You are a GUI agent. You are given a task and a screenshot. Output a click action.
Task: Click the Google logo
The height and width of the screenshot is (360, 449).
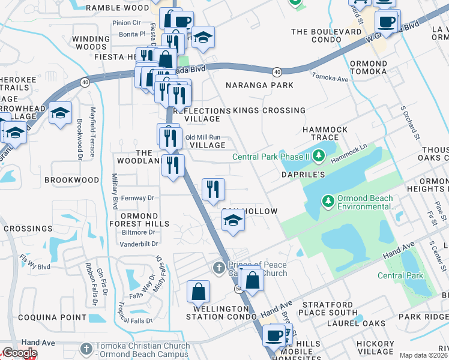pyautogui.click(x=19, y=353)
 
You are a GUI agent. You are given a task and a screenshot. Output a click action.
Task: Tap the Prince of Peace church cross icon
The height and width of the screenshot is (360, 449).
pyautogui.click(x=219, y=266)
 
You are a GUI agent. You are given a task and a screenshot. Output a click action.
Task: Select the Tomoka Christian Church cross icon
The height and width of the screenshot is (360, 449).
pyautogui.click(x=87, y=347)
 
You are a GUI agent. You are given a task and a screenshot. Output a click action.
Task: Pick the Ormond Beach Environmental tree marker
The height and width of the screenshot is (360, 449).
pyautogui.click(x=328, y=200)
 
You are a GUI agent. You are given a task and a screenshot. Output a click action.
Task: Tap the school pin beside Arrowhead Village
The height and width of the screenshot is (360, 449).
pyautogui.click(x=60, y=113)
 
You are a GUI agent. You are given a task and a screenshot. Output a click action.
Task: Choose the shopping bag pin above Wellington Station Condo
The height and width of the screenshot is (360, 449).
pyautogui.click(x=198, y=292)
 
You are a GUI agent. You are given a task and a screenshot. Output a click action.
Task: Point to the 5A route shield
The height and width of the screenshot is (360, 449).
pyautogui.click(x=238, y=289)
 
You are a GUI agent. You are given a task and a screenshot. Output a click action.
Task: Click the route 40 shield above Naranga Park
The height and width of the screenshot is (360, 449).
pyautogui.click(x=276, y=72)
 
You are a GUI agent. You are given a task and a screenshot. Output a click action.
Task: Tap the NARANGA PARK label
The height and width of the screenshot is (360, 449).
pyautogui.click(x=259, y=85)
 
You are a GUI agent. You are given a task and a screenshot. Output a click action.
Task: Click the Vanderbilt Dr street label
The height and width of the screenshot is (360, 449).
pyautogui.click(x=139, y=244)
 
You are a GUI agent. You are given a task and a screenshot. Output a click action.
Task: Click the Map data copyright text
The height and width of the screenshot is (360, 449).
pyautogui.click(x=423, y=355)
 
